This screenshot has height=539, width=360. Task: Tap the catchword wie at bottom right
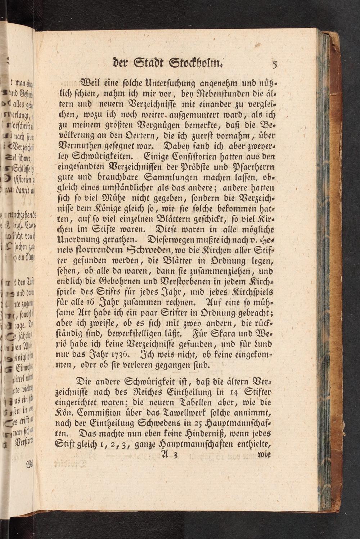click(x=265, y=454)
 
